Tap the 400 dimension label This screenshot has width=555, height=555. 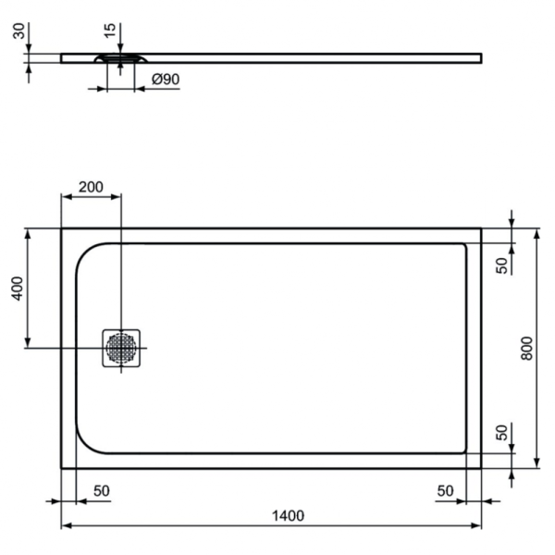tap(18, 290)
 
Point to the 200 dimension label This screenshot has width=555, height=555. tap(91, 186)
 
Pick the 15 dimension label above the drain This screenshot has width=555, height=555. tap(111, 31)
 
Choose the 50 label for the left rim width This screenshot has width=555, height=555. tap(103, 489)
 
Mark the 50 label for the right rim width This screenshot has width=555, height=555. tap(447, 489)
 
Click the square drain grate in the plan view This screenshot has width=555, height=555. tap(121, 348)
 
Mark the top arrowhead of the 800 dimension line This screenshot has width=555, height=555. tap(536, 231)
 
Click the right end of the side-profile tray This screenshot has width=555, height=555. tap(479, 57)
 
